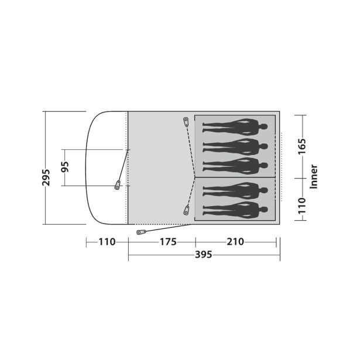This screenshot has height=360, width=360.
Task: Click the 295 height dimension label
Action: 46,177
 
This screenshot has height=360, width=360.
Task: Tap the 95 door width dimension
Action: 65,167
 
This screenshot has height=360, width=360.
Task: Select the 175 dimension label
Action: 168,242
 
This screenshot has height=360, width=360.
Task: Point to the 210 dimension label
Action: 235,242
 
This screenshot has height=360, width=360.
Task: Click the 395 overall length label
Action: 204,255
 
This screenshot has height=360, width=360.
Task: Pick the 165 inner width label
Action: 302,146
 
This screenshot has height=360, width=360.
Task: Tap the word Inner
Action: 313,177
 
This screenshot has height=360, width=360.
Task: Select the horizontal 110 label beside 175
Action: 107,242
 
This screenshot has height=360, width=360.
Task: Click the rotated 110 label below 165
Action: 302,205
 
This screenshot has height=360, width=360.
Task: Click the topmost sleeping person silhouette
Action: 235,127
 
